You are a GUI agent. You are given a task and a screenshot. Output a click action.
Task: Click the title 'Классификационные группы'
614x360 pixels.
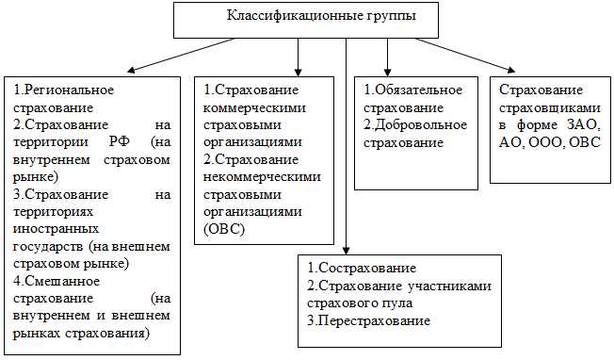click(x=294, y=17)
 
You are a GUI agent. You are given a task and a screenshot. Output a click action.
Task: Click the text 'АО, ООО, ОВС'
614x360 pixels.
click(x=551, y=141)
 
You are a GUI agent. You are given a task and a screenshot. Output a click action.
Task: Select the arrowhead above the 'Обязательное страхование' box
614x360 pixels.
click(x=387, y=71)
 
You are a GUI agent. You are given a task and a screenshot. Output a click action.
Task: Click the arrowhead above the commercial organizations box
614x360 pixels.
click(x=298, y=71)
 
